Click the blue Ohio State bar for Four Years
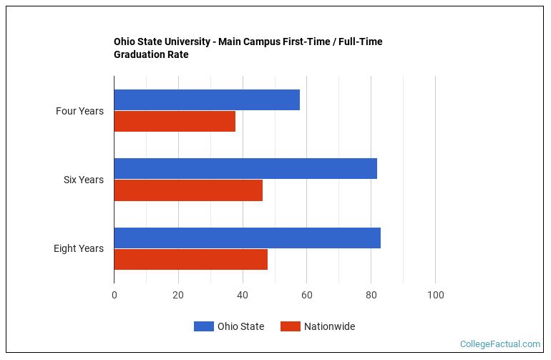click(207, 100)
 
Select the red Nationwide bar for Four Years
click(175, 122)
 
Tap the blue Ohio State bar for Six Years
click(245, 169)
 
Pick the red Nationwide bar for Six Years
click(188, 190)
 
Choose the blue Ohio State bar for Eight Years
click(247, 238)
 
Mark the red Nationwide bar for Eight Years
click(190, 259)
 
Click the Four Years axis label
click(79, 111)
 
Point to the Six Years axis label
click(83, 180)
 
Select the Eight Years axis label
click(78, 248)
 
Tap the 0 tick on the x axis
click(114, 295)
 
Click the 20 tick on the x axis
click(178, 295)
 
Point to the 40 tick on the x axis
click(243, 295)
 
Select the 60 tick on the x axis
click(306, 295)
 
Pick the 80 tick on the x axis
click(371, 295)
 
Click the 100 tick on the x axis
click(435, 295)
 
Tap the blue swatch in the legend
click(204, 326)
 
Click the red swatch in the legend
click(290, 326)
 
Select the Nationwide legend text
click(329, 326)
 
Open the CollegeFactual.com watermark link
click(499, 344)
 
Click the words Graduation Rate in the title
click(151, 54)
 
